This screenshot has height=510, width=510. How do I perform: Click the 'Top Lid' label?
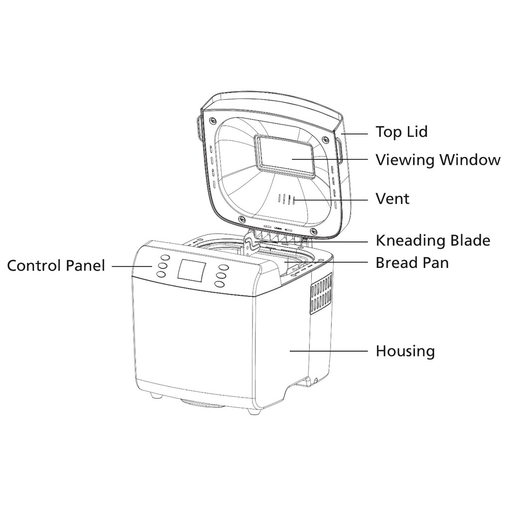point(401,132)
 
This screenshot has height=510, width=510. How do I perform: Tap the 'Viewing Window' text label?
point(437,160)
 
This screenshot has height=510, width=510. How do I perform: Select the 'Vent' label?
point(392,199)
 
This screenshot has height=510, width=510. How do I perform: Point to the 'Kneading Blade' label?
point(432,241)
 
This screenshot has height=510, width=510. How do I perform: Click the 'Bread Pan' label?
point(411,262)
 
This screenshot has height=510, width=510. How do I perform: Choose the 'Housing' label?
point(404,351)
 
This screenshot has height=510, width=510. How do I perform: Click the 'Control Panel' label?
point(56,265)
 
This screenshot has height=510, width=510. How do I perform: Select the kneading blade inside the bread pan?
point(251,246)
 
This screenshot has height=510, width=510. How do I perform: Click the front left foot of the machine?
point(155,396)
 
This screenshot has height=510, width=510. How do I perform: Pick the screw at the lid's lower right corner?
point(313,232)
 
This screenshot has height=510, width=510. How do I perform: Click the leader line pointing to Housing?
point(329,351)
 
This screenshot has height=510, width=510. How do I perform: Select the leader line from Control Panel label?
point(132,266)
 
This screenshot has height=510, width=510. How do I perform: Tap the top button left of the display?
point(165,258)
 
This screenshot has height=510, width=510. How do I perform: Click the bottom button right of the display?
point(219,284)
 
